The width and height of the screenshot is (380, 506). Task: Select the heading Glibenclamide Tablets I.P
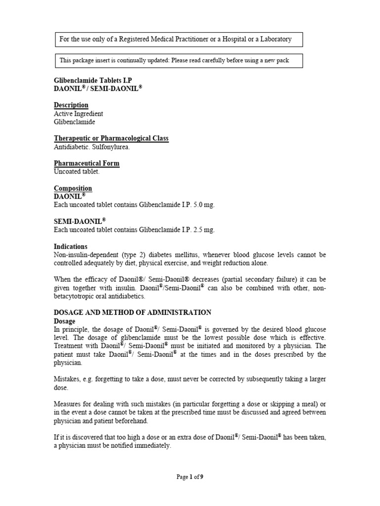[x=93, y=80]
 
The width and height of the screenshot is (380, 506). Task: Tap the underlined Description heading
[x=71, y=105]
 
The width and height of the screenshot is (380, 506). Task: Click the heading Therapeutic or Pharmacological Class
[x=111, y=139]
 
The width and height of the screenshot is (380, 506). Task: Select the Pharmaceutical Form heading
[x=87, y=164]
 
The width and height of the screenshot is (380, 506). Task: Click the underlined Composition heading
[x=73, y=188]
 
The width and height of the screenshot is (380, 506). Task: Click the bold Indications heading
[x=70, y=247]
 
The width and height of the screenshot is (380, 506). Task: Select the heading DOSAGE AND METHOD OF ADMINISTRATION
[x=133, y=312]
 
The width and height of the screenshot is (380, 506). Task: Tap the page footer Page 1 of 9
[x=190, y=477]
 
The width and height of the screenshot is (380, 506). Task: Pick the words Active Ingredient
[x=78, y=114]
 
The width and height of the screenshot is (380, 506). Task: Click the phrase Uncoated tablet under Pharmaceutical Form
[x=76, y=171]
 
